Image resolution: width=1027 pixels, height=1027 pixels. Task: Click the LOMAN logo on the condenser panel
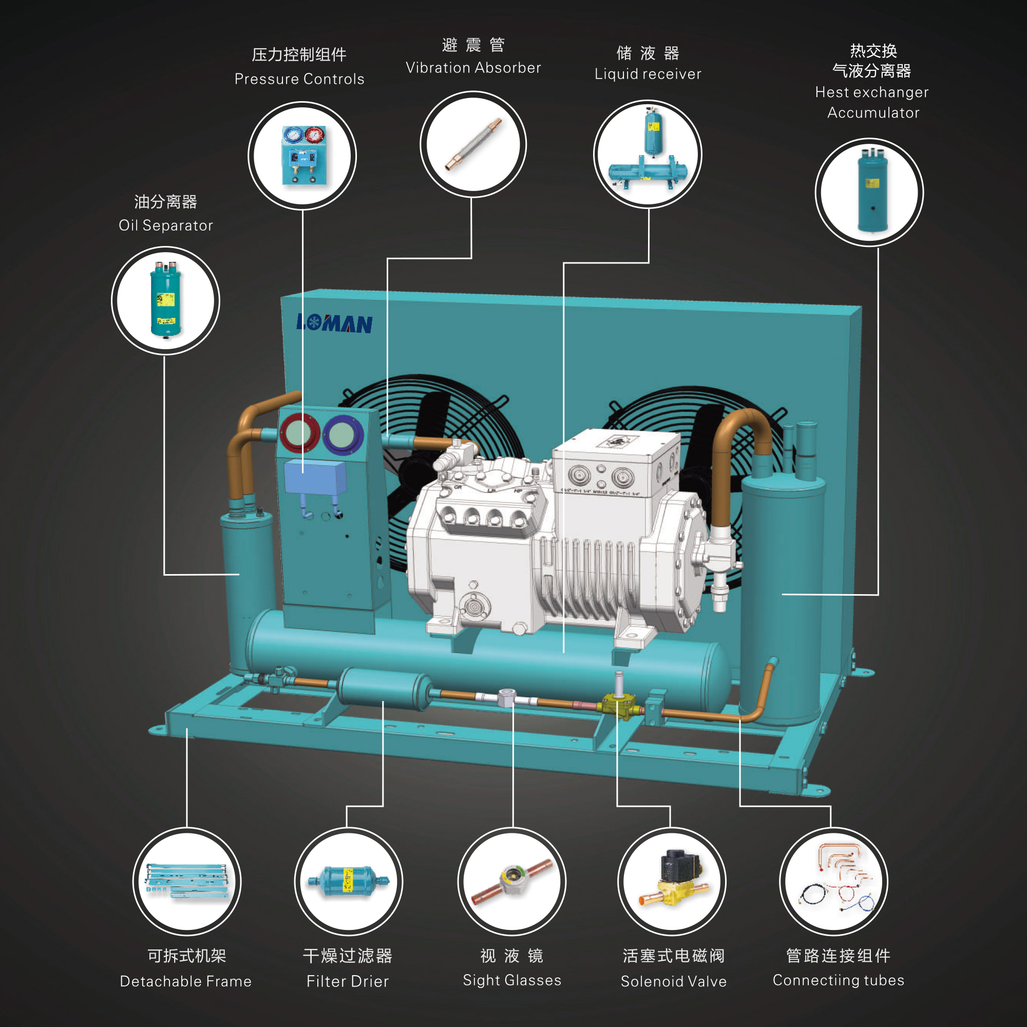(334, 323)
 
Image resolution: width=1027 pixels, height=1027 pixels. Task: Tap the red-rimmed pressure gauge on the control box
(299, 433)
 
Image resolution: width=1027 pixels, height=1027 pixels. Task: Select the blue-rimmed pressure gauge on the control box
(343, 435)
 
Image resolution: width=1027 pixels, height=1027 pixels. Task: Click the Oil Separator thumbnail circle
(165, 301)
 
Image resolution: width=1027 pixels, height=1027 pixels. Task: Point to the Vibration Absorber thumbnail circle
(472, 145)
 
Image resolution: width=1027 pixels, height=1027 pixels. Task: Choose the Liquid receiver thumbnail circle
(648, 154)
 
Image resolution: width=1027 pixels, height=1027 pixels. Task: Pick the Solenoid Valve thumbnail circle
(671, 881)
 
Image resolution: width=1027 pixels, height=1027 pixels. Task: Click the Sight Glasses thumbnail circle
(511, 881)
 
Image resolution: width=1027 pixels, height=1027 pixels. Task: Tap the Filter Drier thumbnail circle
(348, 881)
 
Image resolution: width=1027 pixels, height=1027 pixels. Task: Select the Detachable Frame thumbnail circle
(186, 881)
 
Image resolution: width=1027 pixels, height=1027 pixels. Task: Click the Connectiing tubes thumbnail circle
(833, 881)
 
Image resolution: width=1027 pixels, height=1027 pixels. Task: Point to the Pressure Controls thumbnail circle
(302, 156)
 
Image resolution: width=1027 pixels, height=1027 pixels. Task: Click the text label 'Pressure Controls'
(299, 79)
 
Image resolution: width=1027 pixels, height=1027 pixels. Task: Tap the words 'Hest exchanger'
(872, 92)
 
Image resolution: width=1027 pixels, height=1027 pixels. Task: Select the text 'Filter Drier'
(348, 981)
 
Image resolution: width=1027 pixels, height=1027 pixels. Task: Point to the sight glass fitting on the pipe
(507, 697)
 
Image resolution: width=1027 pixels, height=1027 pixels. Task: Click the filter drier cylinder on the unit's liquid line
(384, 689)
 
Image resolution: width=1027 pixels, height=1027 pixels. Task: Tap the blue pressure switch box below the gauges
(315, 478)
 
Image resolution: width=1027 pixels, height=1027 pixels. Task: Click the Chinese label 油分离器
(165, 202)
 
